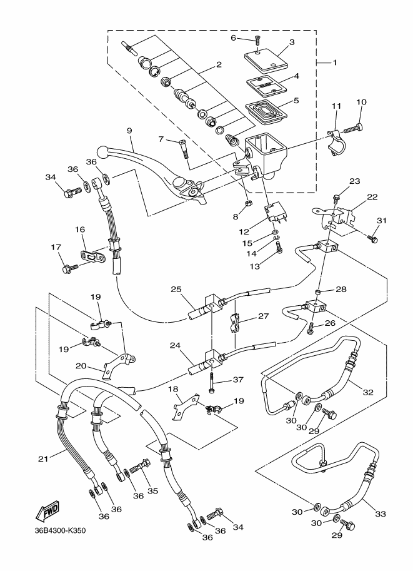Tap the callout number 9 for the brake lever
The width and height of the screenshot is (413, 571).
(x=129, y=131)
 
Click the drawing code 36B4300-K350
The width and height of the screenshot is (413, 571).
(x=60, y=532)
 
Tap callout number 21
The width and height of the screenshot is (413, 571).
(x=42, y=459)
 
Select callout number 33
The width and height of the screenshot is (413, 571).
(x=381, y=513)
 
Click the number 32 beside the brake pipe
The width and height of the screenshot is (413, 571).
(x=368, y=392)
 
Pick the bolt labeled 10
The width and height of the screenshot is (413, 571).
(x=354, y=129)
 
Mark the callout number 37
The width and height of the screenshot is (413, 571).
(x=237, y=380)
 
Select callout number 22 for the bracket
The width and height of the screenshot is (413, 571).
(x=372, y=197)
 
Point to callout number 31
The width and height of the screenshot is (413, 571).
(x=382, y=220)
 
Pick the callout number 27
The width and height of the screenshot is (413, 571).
(x=263, y=316)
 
